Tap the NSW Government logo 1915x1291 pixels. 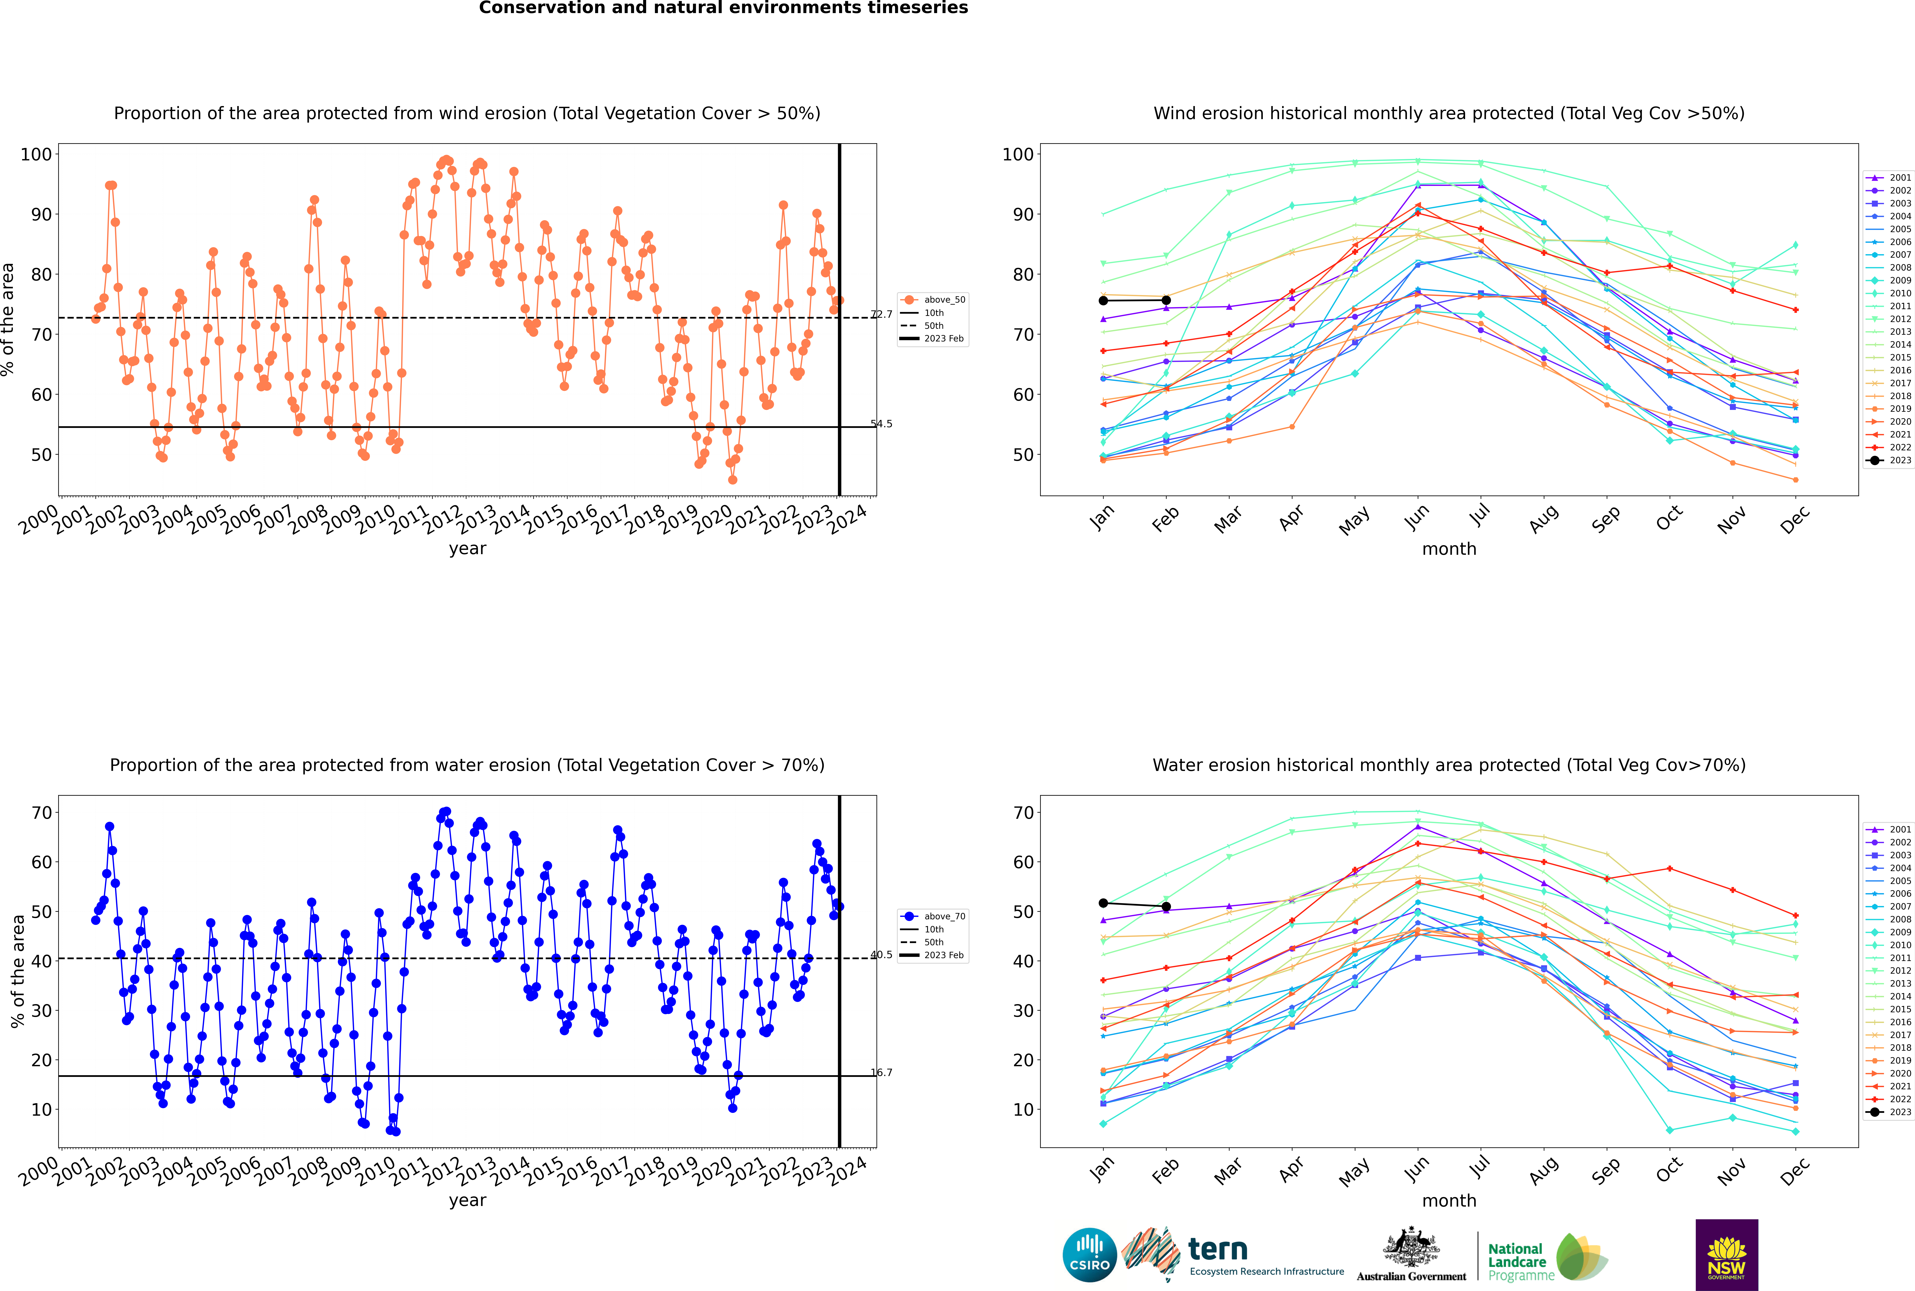coord(1726,1255)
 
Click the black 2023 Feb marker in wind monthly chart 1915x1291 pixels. coord(1166,301)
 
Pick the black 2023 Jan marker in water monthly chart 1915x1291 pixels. coord(1103,903)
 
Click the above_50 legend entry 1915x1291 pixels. coord(933,300)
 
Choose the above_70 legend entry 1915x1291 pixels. coord(933,916)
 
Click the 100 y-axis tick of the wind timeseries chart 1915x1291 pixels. coord(36,155)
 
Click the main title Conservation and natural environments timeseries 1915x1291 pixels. coord(724,8)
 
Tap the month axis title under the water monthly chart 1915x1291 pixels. coord(1449,1201)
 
